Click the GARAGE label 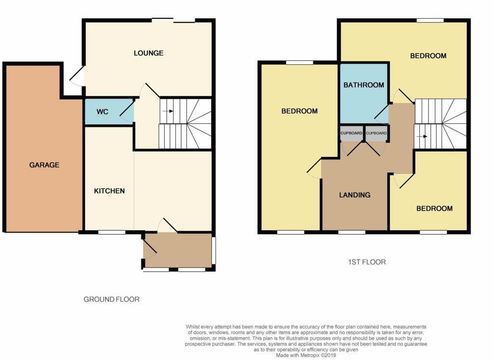pyautogui.click(x=44, y=165)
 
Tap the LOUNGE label pyautogui.click(x=148, y=53)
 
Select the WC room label pyautogui.click(x=102, y=112)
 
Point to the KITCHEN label pyautogui.click(x=109, y=191)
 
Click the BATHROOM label pyautogui.click(x=363, y=85)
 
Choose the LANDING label pyautogui.click(x=355, y=195)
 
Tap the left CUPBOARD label pyautogui.click(x=351, y=133)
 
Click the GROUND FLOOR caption pyautogui.click(x=112, y=299)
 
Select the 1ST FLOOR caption pyautogui.click(x=367, y=262)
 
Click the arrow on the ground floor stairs pyautogui.click(x=168, y=111)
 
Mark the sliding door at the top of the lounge pyautogui.click(x=173, y=20)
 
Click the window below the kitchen pyautogui.click(x=112, y=232)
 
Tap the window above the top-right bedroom pyautogui.click(x=430, y=20)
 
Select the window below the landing pyautogui.click(x=351, y=232)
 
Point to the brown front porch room pyautogui.click(x=178, y=250)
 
